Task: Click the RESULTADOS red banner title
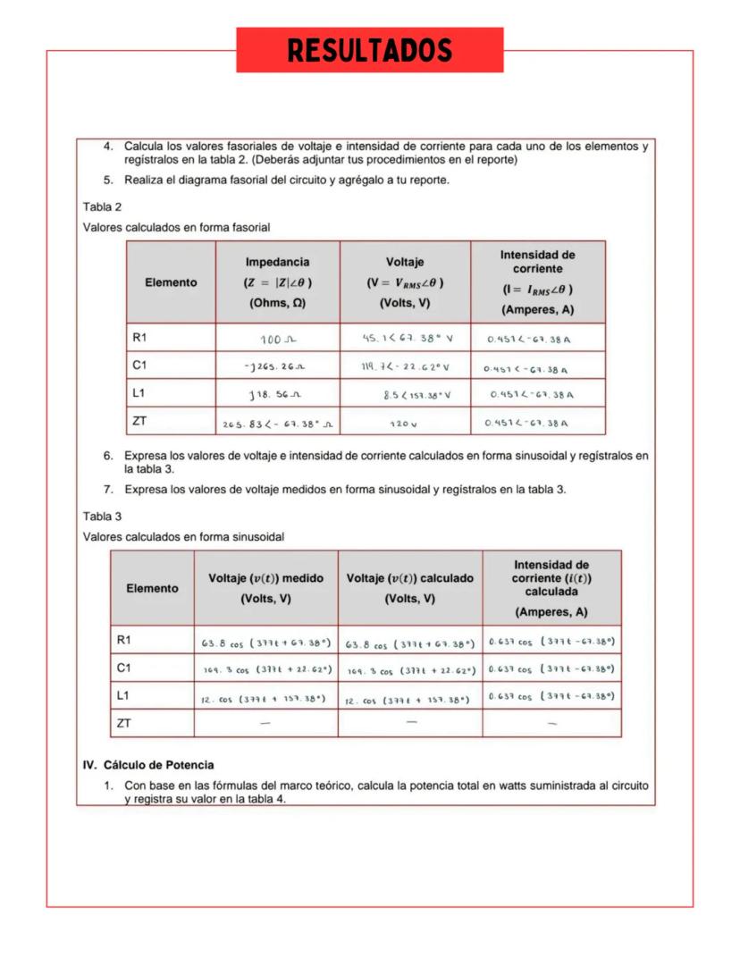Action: coord(369,50)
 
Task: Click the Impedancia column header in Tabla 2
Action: coord(277,282)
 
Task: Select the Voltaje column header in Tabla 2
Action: coord(405,282)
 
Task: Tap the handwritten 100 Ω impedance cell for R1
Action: coord(277,340)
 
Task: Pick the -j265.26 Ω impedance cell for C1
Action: coord(277,367)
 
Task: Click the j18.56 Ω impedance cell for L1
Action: coord(277,395)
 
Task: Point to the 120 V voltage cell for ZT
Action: coord(404,423)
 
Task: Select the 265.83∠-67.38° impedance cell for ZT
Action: coord(277,423)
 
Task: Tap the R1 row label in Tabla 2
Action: coord(139,338)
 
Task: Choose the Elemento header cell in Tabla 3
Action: coord(152,588)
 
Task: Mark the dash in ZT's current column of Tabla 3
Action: coord(551,723)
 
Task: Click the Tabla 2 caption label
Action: coord(102,207)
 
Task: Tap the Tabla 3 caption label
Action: coord(102,517)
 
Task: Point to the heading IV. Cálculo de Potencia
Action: coord(148,766)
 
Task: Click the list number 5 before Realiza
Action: coord(108,180)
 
